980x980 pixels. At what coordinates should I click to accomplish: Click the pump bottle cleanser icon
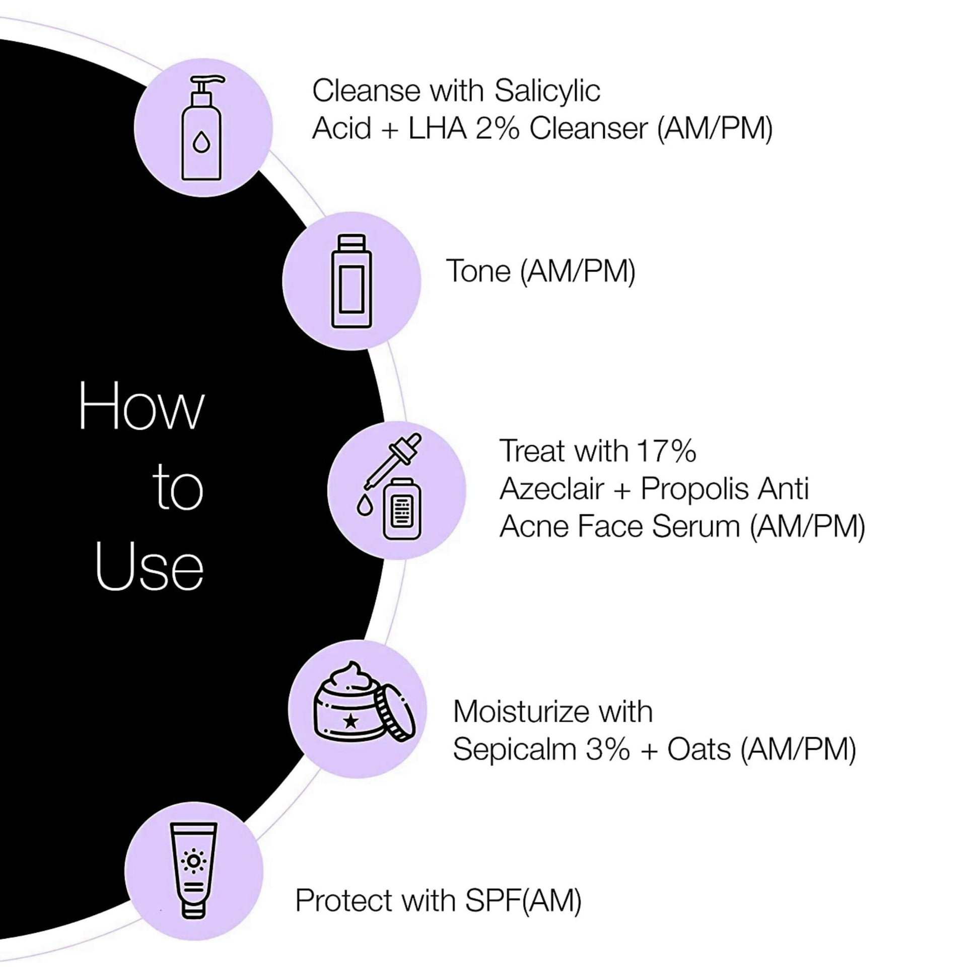pos(202,128)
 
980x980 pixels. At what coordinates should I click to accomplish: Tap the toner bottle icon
pos(352,281)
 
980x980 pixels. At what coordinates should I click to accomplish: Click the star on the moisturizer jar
pos(351,721)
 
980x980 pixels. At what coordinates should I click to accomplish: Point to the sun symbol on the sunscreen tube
pos(194,861)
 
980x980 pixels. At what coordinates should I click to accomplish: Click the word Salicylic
pos(547,92)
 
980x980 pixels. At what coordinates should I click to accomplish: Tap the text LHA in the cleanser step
pos(437,128)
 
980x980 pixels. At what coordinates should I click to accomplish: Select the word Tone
pos(478,271)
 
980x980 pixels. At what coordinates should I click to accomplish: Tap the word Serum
pos(695,527)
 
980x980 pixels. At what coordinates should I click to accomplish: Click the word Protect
pos(344,901)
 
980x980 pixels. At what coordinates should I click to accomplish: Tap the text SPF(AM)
pos(523,901)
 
